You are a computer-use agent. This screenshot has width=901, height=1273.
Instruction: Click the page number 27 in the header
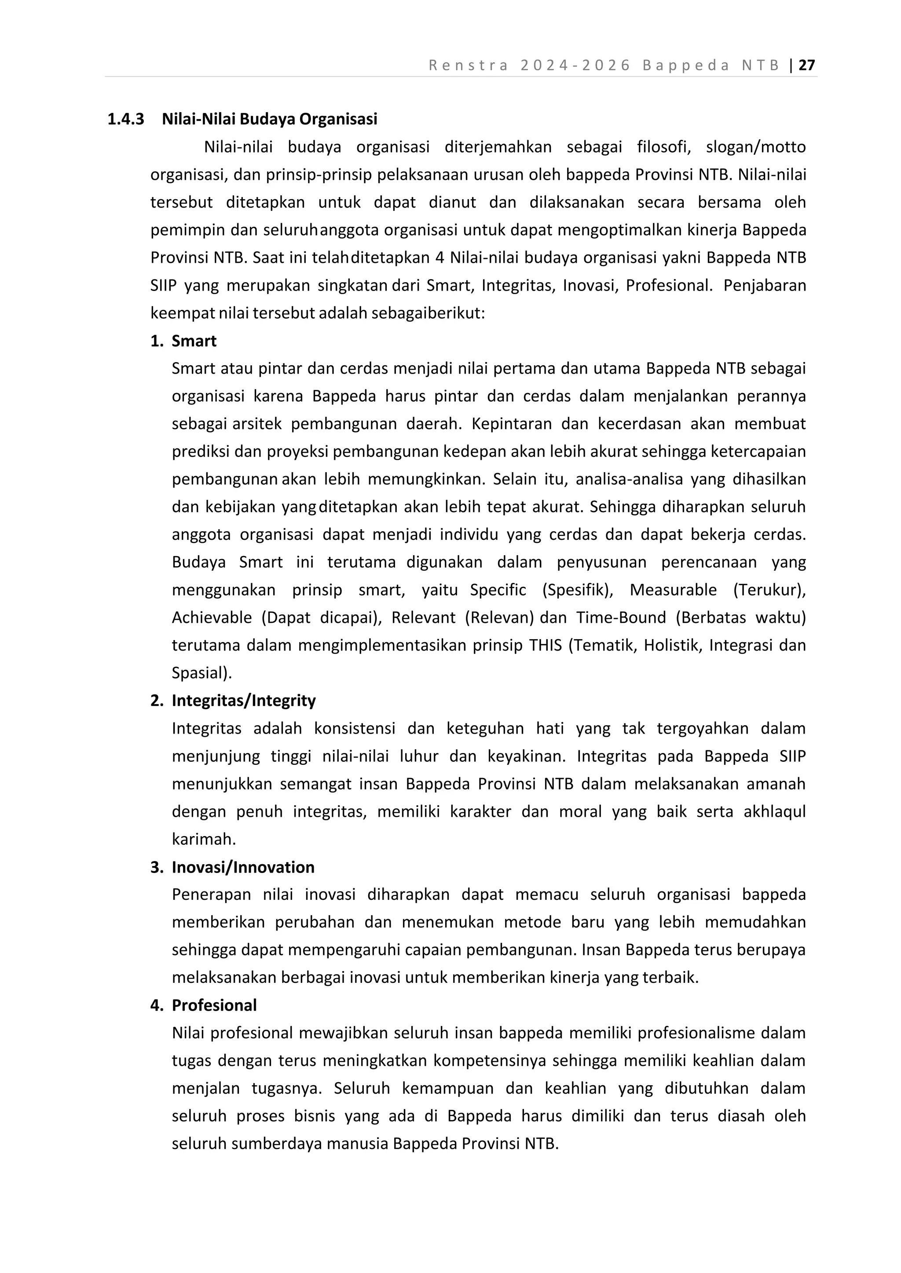[807, 65]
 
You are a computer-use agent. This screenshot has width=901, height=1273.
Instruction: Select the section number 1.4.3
[125, 119]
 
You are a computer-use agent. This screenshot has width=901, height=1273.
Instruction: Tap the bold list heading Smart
[194, 341]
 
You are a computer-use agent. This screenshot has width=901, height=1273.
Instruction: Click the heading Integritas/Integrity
[244, 700]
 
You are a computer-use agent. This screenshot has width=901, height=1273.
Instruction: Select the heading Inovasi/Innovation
[243, 867]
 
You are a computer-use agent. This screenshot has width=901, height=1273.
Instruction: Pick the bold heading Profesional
[214, 1005]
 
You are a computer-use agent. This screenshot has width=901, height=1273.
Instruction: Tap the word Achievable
[212, 618]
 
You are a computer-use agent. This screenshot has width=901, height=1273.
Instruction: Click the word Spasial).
[202, 673]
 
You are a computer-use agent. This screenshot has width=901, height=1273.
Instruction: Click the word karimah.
[204, 840]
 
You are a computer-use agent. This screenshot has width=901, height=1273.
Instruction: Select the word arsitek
[257, 424]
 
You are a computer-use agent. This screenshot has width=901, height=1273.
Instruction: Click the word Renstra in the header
[469, 65]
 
